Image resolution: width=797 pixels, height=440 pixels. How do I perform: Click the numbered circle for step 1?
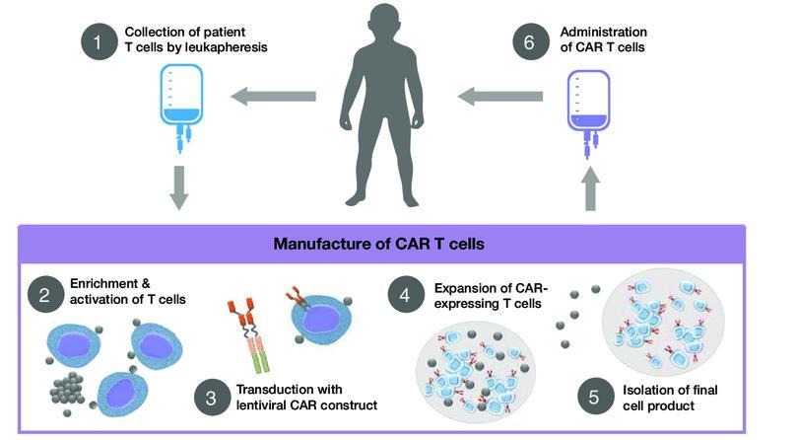pos(100,41)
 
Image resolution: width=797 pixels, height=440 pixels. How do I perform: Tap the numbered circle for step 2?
pos(45,294)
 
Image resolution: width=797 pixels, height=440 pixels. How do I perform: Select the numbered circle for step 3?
pos(213,398)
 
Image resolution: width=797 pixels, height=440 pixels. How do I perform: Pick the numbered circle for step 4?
pos(406,294)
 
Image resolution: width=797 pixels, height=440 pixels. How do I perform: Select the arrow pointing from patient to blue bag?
pos(274,97)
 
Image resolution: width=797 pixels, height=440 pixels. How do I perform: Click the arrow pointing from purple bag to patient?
pos(500,97)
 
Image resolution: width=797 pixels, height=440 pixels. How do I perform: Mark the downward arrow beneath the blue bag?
pos(179,187)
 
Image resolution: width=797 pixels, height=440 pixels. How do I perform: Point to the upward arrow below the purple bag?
pos(589,188)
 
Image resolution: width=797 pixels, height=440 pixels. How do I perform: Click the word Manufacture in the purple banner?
pos(324,244)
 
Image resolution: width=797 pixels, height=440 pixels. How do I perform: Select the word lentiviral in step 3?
pos(261,404)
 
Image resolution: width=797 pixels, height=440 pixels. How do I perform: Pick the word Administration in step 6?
pos(603,33)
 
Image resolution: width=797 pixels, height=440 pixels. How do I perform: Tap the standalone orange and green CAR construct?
pos(249,334)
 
